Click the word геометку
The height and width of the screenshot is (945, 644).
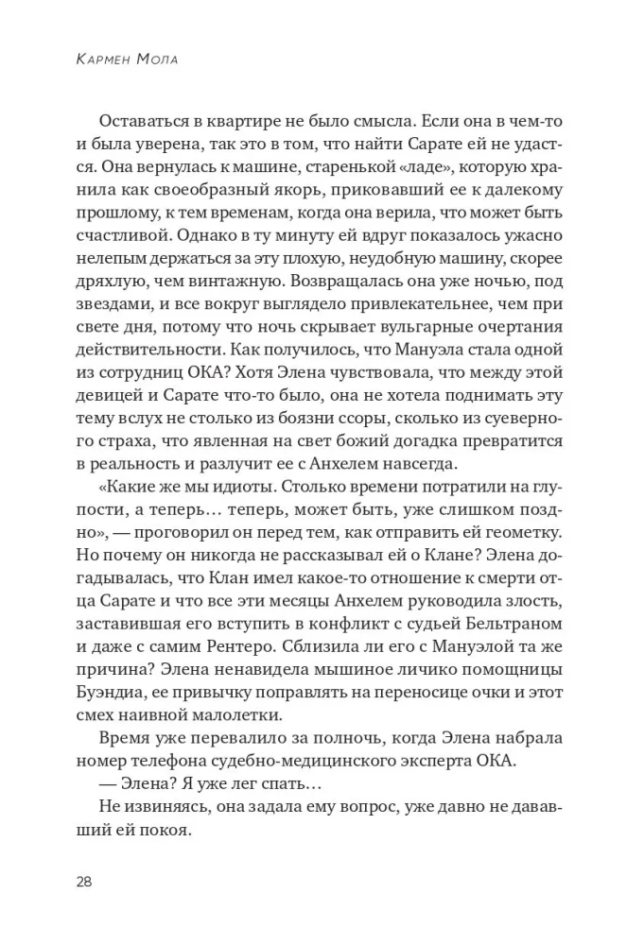point(525,545)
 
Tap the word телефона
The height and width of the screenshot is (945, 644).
point(182,783)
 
